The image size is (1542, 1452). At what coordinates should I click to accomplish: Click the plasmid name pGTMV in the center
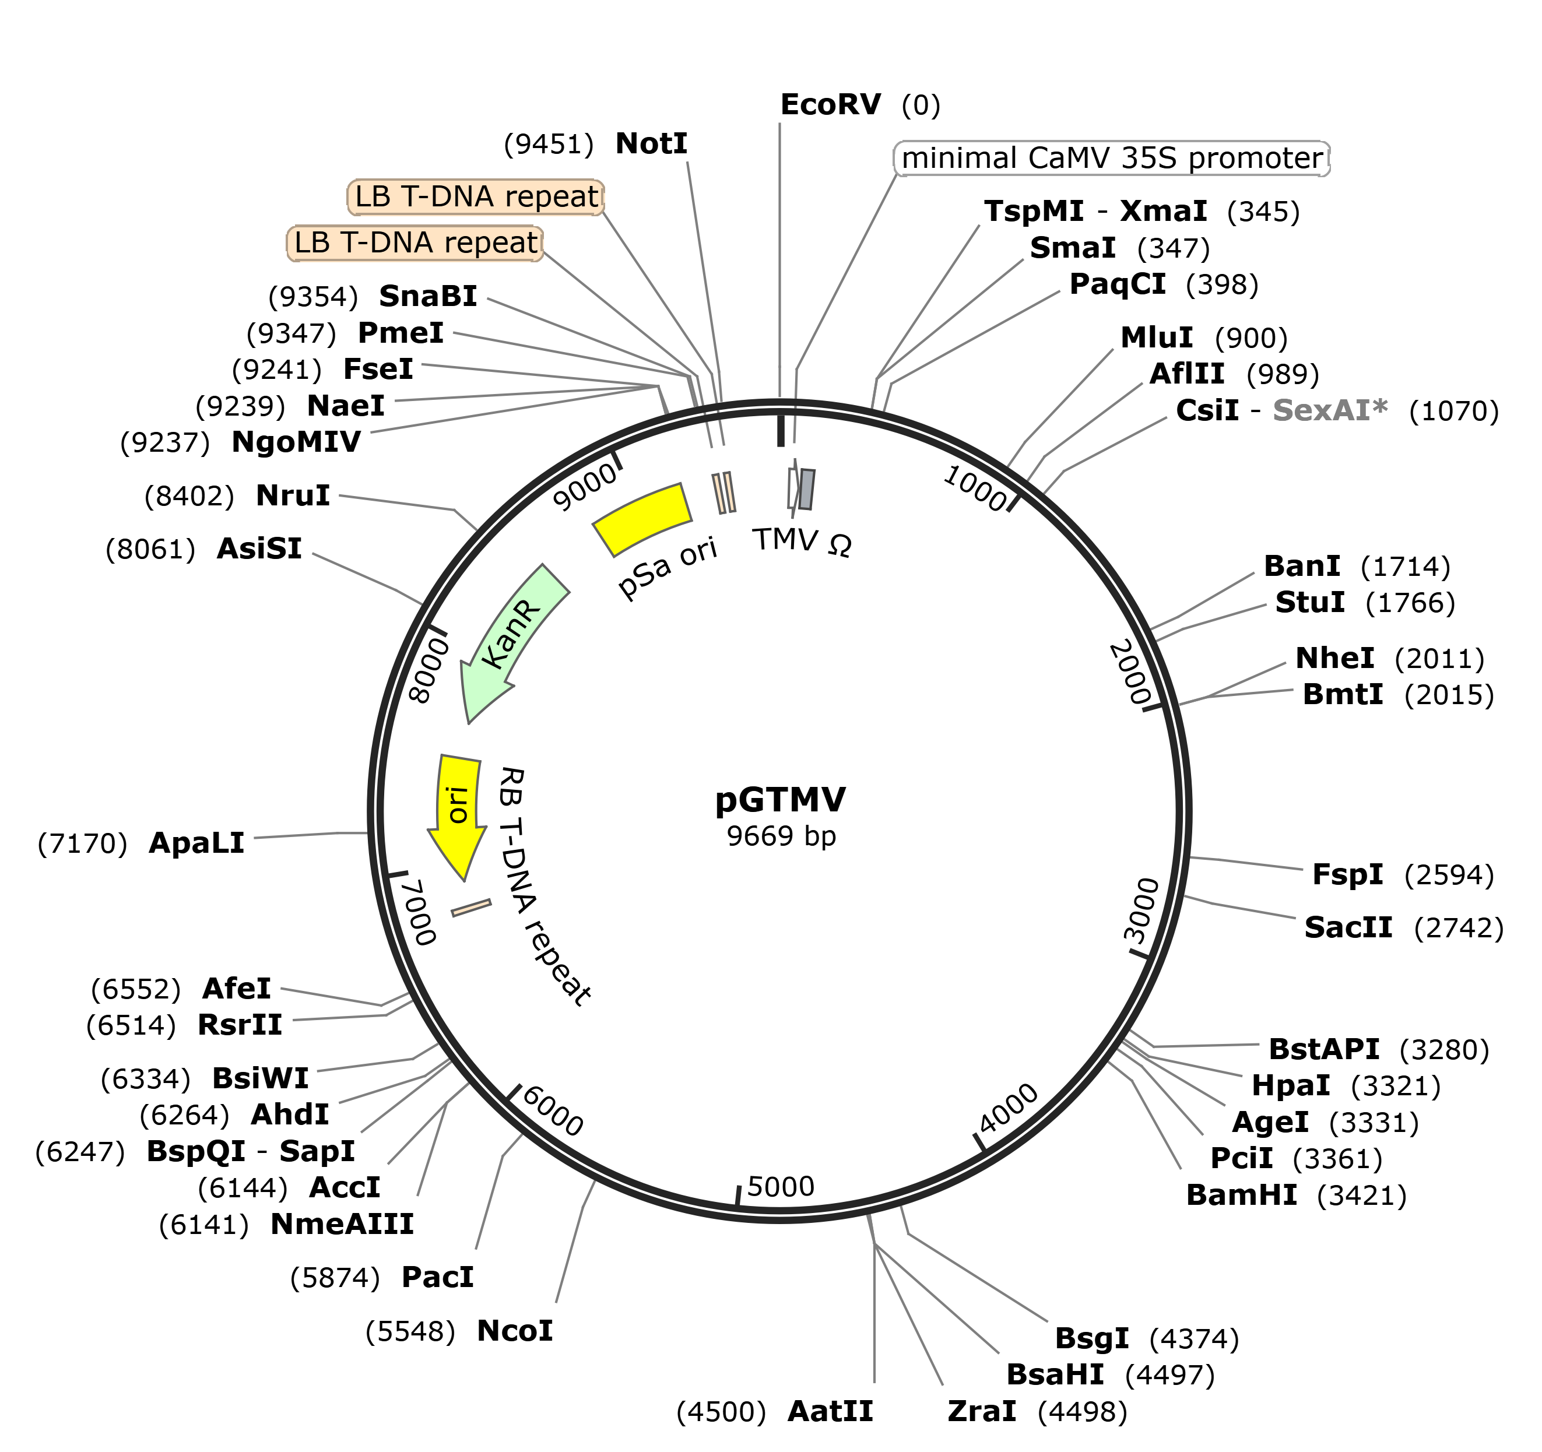(x=780, y=800)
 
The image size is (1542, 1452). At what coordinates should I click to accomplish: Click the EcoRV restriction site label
(x=831, y=105)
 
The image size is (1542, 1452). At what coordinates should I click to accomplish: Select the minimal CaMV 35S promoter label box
(x=1112, y=158)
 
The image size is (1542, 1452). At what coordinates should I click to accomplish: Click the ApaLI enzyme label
(x=196, y=843)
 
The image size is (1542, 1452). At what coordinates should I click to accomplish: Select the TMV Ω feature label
(x=802, y=542)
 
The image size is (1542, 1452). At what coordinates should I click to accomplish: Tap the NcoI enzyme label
(x=515, y=1331)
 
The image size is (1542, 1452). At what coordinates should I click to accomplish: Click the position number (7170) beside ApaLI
(x=82, y=844)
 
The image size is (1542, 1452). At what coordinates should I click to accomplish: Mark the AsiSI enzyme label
(x=259, y=549)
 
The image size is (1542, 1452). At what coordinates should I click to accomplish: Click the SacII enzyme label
(x=1348, y=927)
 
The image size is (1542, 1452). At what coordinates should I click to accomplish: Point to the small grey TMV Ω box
(x=807, y=490)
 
